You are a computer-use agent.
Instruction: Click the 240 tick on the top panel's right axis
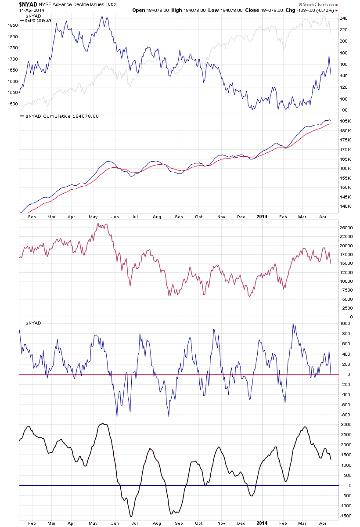(343, 18)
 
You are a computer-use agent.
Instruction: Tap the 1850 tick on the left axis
(11, 25)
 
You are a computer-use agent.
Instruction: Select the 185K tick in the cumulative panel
(345, 121)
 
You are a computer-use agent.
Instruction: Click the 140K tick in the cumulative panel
(345, 206)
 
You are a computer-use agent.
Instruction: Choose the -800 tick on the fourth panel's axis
(345, 415)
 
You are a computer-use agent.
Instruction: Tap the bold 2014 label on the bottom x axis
(261, 523)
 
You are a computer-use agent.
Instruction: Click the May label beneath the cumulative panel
(93, 217)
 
